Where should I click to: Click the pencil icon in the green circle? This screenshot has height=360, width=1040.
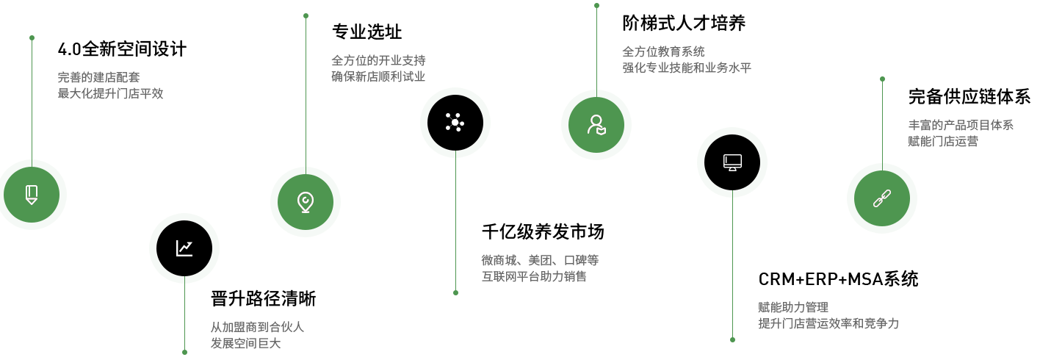click(32, 195)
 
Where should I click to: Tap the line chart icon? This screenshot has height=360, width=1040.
click(184, 248)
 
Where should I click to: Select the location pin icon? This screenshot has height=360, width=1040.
click(306, 202)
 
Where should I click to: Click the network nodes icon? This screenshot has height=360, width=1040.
click(455, 122)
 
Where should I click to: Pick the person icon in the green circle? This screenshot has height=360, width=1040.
click(596, 125)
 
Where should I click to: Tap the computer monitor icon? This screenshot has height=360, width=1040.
click(732, 162)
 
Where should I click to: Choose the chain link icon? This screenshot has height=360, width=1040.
click(882, 198)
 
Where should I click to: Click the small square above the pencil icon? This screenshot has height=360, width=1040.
click(32, 37)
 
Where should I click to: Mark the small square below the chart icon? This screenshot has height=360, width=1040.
click(184, 351)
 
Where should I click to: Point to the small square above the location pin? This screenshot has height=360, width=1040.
click(306, 15)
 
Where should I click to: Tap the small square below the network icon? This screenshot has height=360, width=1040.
click(455, 292)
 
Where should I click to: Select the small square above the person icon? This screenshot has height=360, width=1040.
click(596, 6)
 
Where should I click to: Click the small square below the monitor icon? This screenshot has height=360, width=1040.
click(732, 339)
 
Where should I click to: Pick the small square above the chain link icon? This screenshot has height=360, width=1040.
click(882, 79)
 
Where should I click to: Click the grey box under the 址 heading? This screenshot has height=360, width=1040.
click(378, 68)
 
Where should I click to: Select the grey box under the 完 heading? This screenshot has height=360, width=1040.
click(960, 133)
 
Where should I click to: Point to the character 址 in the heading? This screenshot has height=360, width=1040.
click(394, 32)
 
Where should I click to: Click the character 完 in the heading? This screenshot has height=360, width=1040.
click(916, 96)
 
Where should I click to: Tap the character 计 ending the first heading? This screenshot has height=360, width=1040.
click(178, 50)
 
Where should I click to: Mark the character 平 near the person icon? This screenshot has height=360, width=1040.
click(745, 68)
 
